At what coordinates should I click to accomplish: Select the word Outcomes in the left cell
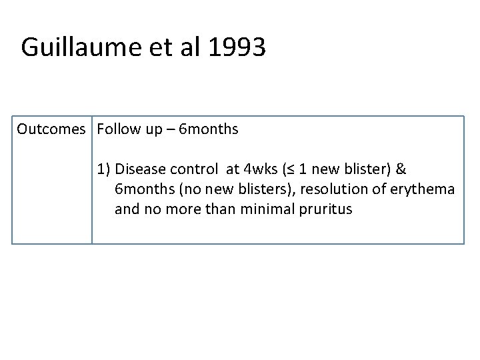click(51, 129)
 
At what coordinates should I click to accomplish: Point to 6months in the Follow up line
click(209, 129)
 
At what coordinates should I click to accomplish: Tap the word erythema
click(421, 190)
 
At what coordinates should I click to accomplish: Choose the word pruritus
click(327, 210)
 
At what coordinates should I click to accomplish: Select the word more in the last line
click(187, 210)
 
